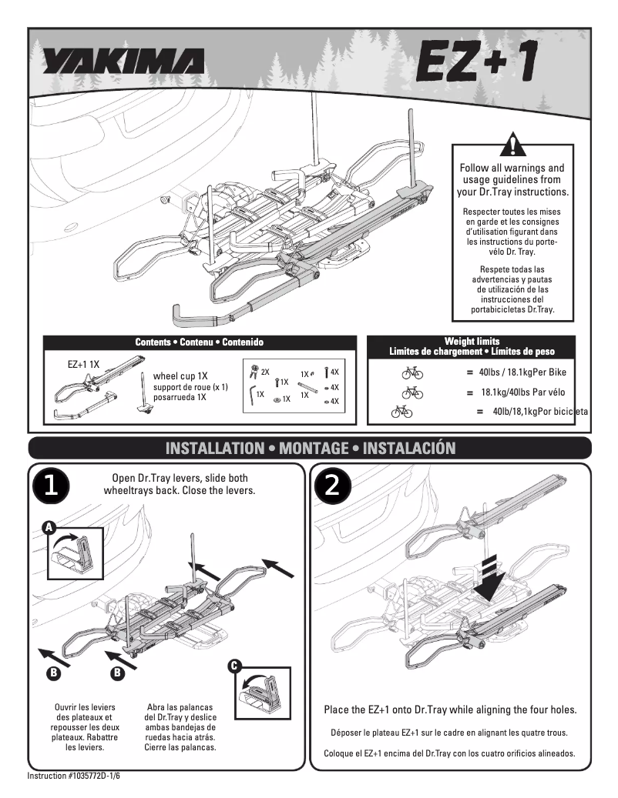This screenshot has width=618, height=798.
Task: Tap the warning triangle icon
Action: (512, 145)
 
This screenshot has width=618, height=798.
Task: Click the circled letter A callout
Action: (49, 527)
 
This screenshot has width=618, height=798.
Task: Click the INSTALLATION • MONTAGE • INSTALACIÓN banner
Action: (310, 448)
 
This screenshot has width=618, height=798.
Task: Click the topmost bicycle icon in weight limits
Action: (412, 373)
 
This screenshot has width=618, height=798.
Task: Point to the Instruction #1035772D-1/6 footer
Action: (74, 776)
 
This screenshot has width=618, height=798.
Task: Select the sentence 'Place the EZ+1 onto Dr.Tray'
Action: (450, 710)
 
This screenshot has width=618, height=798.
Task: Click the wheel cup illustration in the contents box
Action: (144, 396)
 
